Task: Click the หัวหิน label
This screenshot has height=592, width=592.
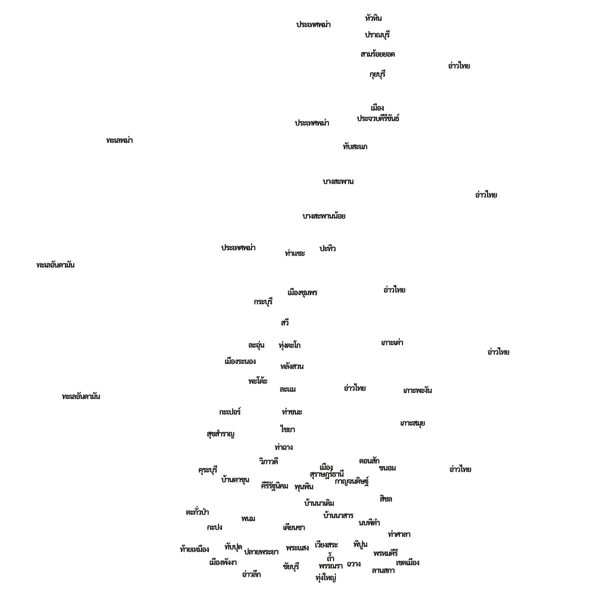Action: [373, 18]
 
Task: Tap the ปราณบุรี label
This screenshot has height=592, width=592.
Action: [377, 35]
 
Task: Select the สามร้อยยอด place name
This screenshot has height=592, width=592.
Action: [377, 54]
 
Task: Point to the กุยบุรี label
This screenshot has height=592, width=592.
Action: [377, 74]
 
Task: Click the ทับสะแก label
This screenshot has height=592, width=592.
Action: [355, 146]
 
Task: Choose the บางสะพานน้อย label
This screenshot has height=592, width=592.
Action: [324, 216]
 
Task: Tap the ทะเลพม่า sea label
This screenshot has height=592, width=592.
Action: [119, 140]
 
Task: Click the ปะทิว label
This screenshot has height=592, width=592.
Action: [327, 248]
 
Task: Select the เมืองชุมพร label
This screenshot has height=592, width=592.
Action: [302, 292]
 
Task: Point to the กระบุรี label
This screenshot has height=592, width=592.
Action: [263, 302]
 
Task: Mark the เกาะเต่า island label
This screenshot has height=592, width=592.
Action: [392, 342]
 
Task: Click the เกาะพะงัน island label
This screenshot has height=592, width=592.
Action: [417, 390]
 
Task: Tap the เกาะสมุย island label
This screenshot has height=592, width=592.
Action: [413, 423]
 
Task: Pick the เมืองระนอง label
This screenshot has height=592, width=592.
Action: [240, 361]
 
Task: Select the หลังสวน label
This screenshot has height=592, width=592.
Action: [292, 366]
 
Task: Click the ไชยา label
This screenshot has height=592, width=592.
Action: [287, 429]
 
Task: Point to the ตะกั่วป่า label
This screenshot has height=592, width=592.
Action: [197, 512]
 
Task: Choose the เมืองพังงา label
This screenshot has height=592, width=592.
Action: [223, 562]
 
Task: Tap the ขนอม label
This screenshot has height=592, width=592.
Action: [387, 468]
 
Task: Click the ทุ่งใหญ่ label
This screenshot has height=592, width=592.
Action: [326, 578]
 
